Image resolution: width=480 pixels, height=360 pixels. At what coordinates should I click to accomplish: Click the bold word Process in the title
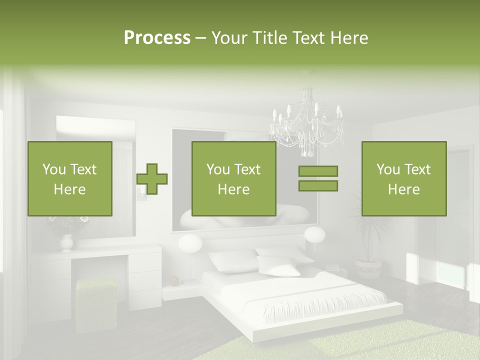157,38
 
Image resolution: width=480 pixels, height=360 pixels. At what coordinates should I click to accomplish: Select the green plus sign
152,178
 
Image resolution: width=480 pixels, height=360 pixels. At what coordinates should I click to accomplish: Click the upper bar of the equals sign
318,171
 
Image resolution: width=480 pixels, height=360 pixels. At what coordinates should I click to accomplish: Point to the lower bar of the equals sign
318,185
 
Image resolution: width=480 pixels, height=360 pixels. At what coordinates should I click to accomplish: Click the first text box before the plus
70,178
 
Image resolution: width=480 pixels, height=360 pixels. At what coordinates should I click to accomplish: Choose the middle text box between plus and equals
233,178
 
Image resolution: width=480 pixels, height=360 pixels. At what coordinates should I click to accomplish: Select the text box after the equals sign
403,178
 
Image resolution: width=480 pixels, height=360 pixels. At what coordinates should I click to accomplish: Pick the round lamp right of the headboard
314,235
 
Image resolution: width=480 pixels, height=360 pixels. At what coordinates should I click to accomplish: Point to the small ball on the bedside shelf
174,279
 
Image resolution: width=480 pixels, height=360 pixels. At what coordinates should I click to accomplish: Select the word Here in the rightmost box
403,189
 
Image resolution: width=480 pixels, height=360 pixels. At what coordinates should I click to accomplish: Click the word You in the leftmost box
53,169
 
